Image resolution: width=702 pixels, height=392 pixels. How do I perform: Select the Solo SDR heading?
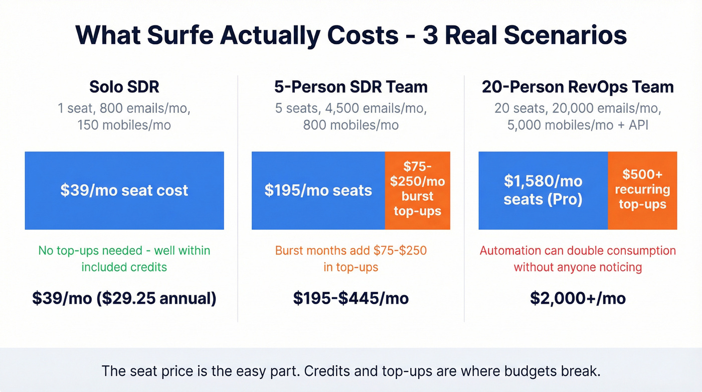124,87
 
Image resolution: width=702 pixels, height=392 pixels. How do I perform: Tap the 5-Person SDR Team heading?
351,87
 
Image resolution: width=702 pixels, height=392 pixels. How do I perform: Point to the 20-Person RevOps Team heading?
578,87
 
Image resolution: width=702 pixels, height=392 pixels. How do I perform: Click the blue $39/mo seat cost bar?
124,191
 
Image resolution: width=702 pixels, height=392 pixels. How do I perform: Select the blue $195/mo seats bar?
318,191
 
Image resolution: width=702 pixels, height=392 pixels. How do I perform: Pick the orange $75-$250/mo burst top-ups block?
417,191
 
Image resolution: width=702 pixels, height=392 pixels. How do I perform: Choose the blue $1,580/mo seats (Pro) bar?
543,191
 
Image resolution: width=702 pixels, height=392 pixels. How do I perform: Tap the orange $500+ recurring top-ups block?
642,191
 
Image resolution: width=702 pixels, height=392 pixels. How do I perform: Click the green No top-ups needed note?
124,258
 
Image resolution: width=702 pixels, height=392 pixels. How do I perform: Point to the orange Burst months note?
351,258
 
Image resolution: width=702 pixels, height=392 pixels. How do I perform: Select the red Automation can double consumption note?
578,258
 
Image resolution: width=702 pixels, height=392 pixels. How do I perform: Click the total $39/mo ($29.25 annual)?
124,299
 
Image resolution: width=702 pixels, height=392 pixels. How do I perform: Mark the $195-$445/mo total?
351,299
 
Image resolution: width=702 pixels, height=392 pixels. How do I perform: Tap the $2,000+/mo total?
578,299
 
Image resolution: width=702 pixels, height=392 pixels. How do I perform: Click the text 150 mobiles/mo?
124,124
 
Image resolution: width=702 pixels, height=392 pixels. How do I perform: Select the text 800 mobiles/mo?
351,124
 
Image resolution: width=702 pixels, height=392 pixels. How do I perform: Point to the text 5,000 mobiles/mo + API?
578,124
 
